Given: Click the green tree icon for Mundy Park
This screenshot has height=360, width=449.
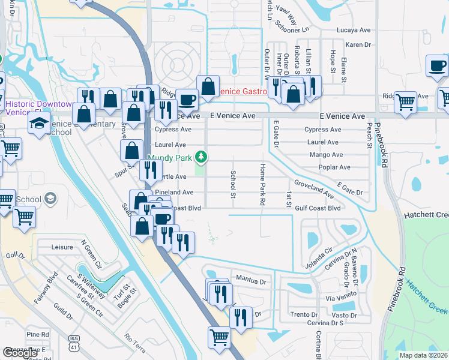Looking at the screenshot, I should point(202,157).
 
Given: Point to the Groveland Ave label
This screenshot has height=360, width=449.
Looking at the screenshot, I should point(313,188).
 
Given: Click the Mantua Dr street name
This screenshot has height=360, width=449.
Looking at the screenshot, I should point(251,278).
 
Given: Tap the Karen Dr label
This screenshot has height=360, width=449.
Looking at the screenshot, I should point(359,45).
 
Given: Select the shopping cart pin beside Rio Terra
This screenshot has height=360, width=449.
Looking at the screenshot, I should point(219,337).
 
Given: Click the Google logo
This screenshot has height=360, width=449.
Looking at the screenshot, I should point(20,353).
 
